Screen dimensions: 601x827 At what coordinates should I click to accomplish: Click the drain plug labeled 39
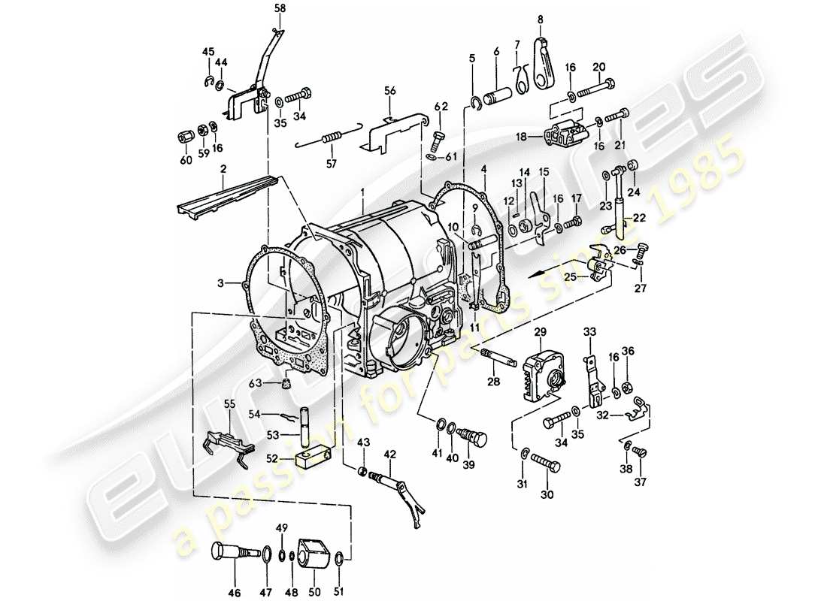[474, 437]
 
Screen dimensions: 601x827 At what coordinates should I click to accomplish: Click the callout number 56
[389, 89]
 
